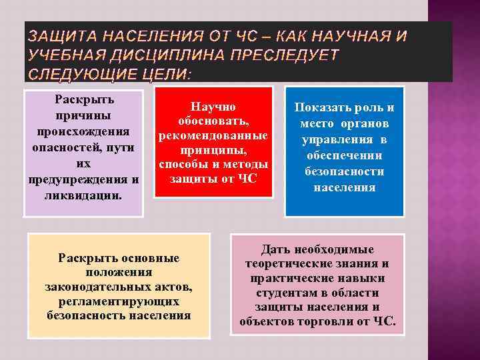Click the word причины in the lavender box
pyautogui.click(x=84, y=115)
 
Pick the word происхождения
pyautogui.click(x=83, y=131)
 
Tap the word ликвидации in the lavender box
pyautogui.click(x=83, y=195)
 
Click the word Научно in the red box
pyautogui.click(x=213, y=107)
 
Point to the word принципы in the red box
pyautogui.click(x=213, y=150)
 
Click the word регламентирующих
pyautogui.click(x=119, y=301)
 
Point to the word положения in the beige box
pyautogui.click(x=119, y=272)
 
